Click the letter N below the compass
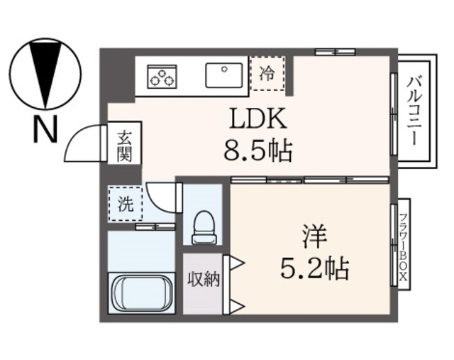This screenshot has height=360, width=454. [45, 129]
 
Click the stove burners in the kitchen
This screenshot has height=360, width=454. [162, 77]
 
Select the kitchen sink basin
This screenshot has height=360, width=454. [224, 75]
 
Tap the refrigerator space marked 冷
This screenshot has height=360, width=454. [267, 73]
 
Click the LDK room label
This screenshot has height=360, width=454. [258, 119]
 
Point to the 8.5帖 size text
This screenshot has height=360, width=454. [258, 151]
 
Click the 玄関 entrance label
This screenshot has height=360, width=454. [125, 146]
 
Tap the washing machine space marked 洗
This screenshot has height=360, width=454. [126, 204]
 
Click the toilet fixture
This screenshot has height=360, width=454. [204, 227]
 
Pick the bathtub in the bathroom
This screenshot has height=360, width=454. [141, 293]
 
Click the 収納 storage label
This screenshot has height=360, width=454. [204, 280]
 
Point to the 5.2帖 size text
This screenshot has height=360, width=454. [314, 268]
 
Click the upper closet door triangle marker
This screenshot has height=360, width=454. [237, 264]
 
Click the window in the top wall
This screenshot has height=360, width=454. [335, 52]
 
